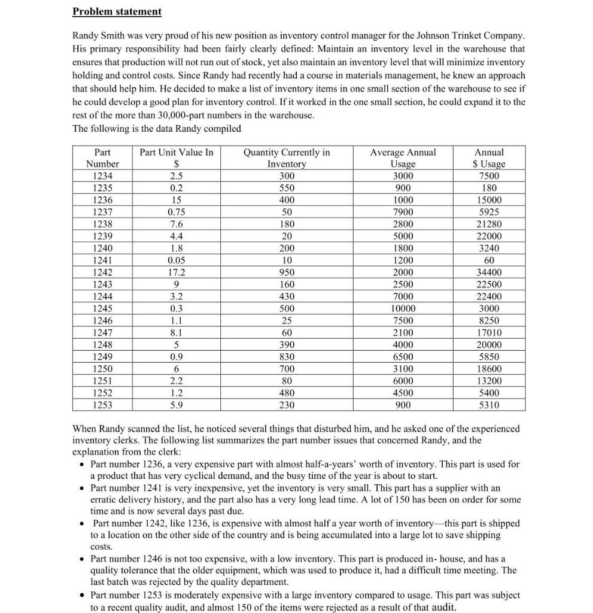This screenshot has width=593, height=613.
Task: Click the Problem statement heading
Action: pyautogui.click(x=117, y=11)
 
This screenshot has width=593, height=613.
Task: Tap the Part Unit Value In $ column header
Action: pyautogui.click(x=176, y=158)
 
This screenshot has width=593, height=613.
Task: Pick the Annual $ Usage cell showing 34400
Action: pyautogui.click(x=489, y=272)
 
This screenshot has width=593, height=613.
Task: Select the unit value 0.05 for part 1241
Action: pyautogui.click(x=176, y=260)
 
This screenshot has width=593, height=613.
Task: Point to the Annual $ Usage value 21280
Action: pyautogui.click(x=489, y=224)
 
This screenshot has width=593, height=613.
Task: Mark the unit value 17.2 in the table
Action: pyautogui.click(x=176, y=272)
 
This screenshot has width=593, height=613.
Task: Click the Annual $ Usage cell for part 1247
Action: pyautogui.click(x=489, y=333)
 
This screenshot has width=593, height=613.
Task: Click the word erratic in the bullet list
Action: pyautogui.click(x=104, y=499)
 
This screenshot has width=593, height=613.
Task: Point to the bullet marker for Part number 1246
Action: pyautogui.click(x=81, y=559)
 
